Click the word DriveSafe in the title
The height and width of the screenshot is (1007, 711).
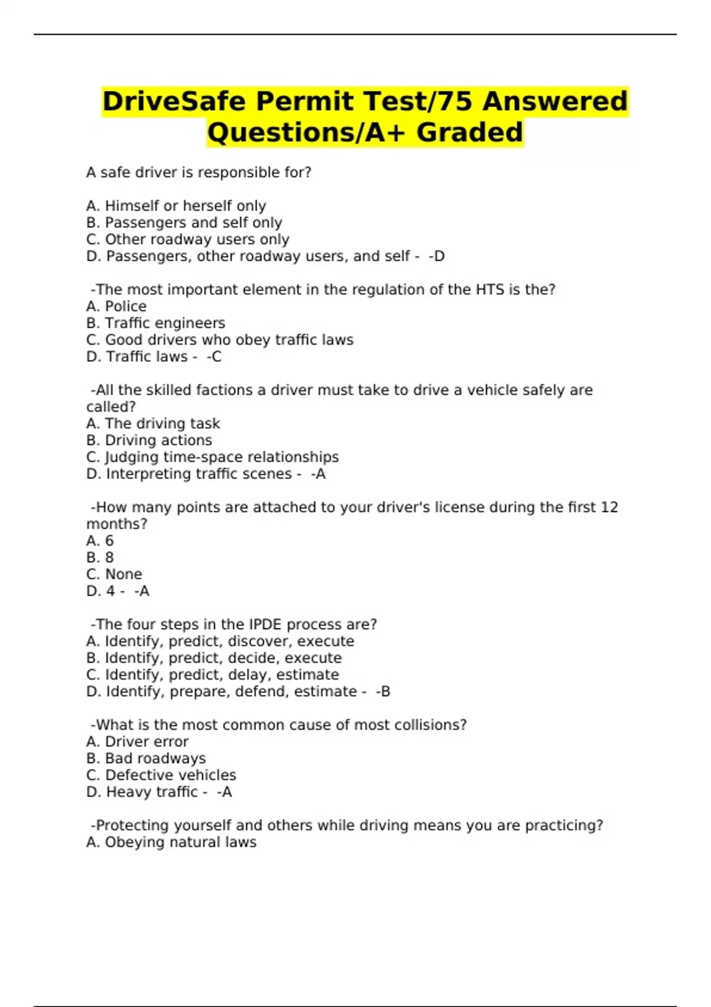click(174, 101)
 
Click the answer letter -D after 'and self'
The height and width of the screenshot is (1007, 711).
click(437, 256)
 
